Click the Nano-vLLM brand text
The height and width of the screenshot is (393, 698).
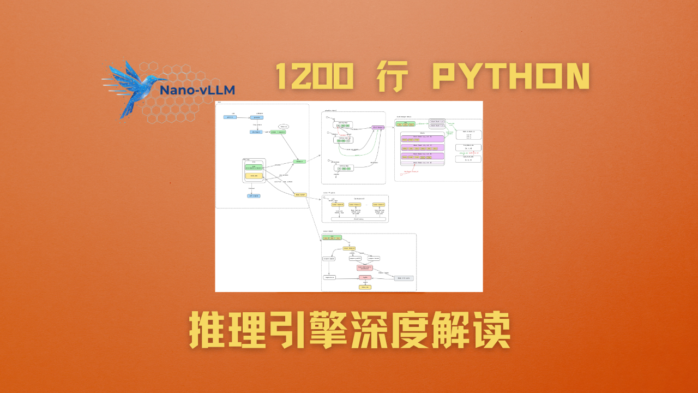click(197, 90)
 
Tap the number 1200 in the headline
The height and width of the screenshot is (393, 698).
click(313, 76)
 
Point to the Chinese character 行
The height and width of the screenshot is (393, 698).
click(392, 76)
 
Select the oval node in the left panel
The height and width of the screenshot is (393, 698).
click(283, 127)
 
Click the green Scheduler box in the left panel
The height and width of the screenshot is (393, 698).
click(299, 162)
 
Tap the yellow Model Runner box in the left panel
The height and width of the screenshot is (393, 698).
click(300, 194)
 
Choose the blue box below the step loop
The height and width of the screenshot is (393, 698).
click(254, 195)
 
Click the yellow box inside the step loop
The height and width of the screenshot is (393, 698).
click(253, 176)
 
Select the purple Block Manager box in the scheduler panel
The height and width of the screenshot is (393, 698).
click(378, 128)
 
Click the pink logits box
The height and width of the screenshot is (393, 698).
click(364, 277)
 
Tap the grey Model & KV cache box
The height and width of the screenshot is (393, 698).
click(404, 278)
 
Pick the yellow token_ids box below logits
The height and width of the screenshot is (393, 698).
click(364, 287)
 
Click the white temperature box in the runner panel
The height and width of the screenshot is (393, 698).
click(329, 277)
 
